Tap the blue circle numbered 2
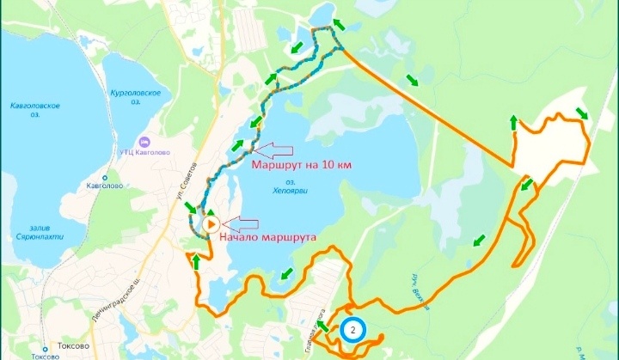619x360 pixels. point(352,329)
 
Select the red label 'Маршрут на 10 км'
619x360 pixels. point(301,164)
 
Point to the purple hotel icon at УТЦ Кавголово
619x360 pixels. point(144,141)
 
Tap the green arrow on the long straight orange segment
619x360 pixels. point(414,81)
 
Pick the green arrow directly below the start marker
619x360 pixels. point(197,259)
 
